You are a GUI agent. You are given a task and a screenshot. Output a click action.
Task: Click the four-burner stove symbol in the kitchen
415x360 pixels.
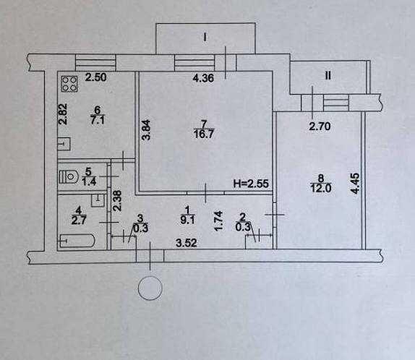[69, 84]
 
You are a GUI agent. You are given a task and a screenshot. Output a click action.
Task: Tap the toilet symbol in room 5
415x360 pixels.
[68, 176]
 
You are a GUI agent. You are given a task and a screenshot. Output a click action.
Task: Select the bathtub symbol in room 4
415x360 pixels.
[77, 241]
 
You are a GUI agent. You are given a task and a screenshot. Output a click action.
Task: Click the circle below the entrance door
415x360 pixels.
[150, 288]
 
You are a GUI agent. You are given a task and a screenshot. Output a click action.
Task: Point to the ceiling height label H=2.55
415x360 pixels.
[251, 184]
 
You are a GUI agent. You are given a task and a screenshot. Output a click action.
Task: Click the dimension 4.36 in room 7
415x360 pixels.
[203, 78]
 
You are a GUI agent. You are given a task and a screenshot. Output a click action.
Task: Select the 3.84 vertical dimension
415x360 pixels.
[147, 129]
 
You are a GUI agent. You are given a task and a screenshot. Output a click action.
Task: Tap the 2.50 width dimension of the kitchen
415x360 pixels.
[95, 77]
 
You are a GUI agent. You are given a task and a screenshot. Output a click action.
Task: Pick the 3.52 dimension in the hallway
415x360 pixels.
[187, 243]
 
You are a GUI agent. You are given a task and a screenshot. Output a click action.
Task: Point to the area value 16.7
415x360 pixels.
[204, 134]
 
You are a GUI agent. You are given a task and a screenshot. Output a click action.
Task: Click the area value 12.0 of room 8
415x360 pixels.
[320, 188]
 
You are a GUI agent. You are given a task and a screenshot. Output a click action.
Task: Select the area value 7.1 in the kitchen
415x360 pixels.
[98, 120]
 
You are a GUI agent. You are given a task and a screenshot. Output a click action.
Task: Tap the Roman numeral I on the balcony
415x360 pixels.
[205, 38]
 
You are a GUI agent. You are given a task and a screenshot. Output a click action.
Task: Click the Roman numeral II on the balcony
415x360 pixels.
[328, 76]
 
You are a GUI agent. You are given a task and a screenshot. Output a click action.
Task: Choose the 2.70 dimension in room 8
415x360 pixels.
[320, 127]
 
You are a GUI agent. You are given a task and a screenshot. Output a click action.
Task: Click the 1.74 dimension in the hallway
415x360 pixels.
[218, 221]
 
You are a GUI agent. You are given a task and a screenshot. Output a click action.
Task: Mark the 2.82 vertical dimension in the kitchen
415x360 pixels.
[63, 114]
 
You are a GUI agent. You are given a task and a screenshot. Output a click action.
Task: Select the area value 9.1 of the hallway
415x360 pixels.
[187, 220]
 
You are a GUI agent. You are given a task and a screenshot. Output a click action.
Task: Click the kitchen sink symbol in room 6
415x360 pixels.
[64, 144]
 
